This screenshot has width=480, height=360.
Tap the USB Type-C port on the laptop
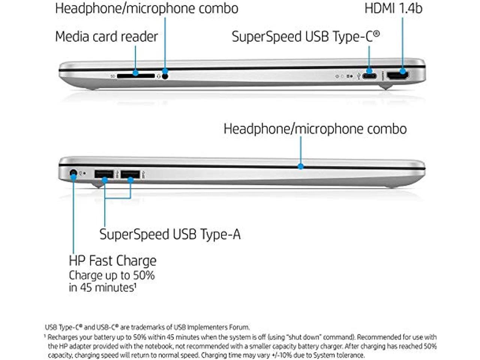369,76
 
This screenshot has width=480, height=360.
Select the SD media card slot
135,76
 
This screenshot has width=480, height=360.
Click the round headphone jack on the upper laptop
165,76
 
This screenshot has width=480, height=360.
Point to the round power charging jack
73,173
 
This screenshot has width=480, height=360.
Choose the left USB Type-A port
104,174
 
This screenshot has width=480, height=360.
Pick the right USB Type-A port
130,174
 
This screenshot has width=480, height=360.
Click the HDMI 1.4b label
393,8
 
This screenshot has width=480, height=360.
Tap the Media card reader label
106,37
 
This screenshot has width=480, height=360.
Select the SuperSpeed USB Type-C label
305,37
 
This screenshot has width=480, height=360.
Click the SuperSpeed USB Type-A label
170,234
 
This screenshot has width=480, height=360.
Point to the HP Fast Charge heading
112,261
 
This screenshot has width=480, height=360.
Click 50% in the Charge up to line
144,275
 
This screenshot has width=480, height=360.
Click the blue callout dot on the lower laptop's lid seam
300,166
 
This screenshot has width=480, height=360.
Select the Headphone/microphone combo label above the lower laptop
315,129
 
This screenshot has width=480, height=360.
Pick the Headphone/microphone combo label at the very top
147,8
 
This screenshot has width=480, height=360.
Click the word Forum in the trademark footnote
240,327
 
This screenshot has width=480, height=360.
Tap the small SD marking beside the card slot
113,76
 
